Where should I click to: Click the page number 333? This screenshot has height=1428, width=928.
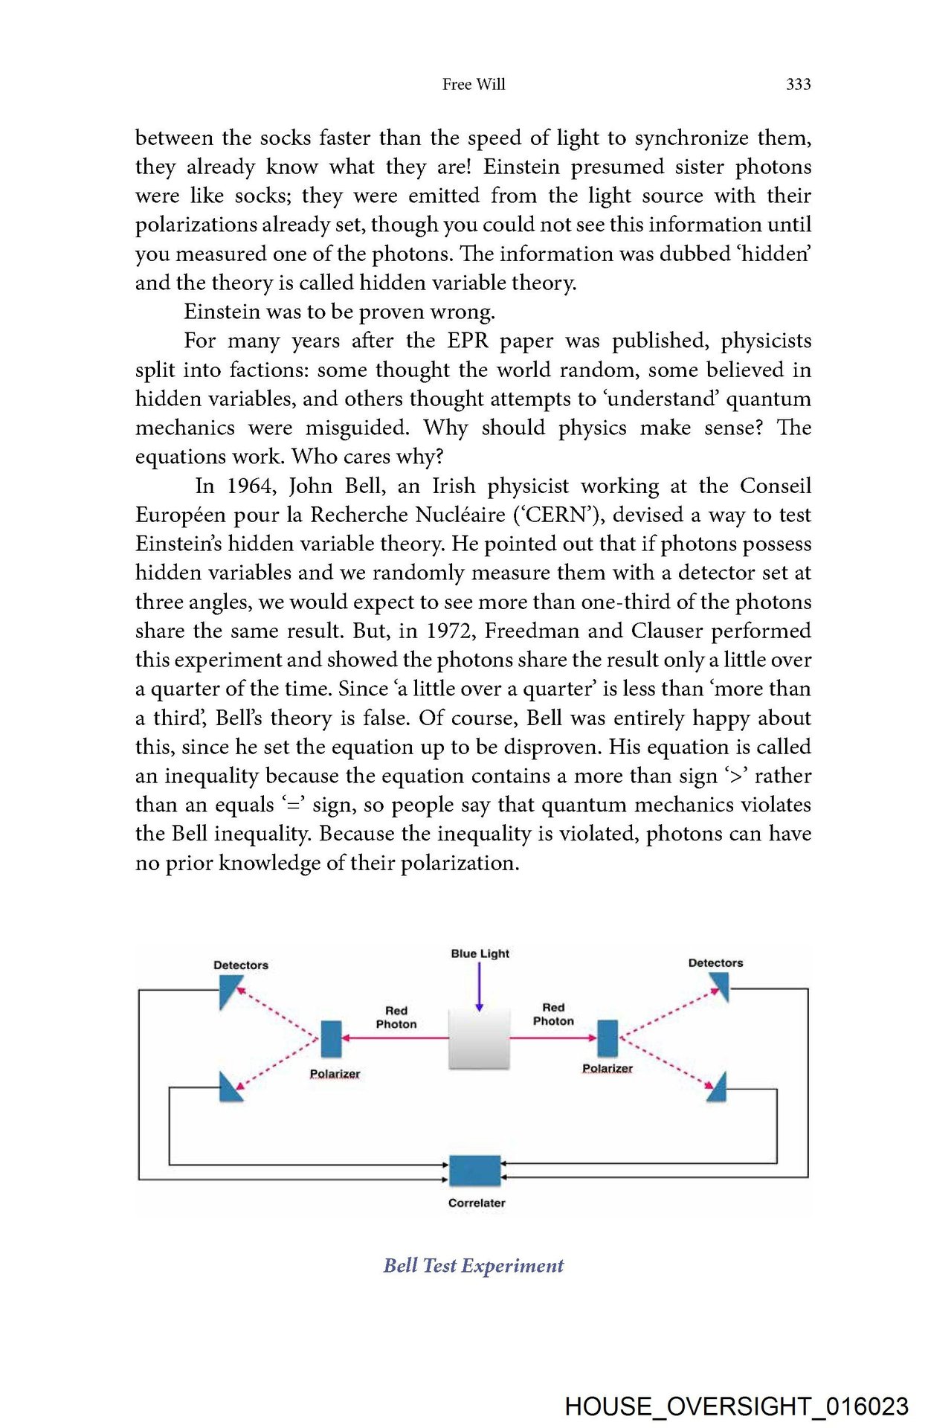pyautogui.click(x=798, y=85)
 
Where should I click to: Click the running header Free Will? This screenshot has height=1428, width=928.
pyautogui.click(x=474, y=85)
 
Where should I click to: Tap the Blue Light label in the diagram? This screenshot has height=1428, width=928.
pyautogui.click(x=480, y=953)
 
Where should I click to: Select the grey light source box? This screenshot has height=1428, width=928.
pyautogui.click(x=480, y=1038)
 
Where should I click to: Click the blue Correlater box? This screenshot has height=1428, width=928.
pyautogui.click(x=475, y=1171)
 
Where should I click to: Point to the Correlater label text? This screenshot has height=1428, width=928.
pyautogui.click(x=477, y=1203)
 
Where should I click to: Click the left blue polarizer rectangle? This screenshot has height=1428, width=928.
pyautogui.click(x=331, y=1038)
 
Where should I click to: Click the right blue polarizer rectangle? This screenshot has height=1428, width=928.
pyautogui.click(x=608, y=1038)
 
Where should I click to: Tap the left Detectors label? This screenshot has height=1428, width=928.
pyautogui.click(x=240, y=965)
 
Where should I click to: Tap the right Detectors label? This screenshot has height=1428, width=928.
pyautogui.click(x=715, y=963)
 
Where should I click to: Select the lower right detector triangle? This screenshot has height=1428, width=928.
pyautogui.click(x=717, y=1089)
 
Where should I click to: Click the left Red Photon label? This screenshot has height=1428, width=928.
pyautogui.click(x=396, y=1017)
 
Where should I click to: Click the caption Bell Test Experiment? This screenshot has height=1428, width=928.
pyautogui.click(x=474, y=1265)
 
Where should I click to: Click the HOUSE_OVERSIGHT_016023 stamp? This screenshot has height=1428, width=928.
pyautogui.click(x=736, y=1406)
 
